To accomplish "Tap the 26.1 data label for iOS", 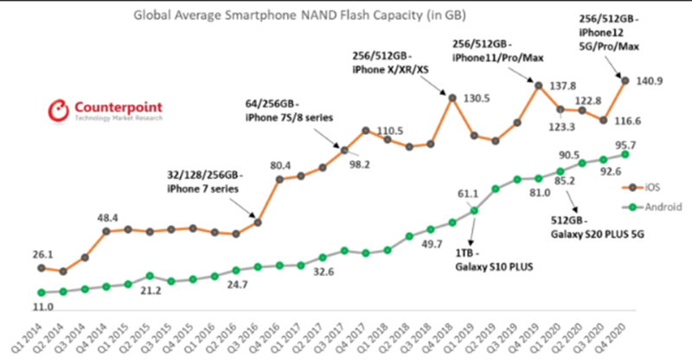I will [35, 254].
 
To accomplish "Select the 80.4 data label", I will [279, 164].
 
